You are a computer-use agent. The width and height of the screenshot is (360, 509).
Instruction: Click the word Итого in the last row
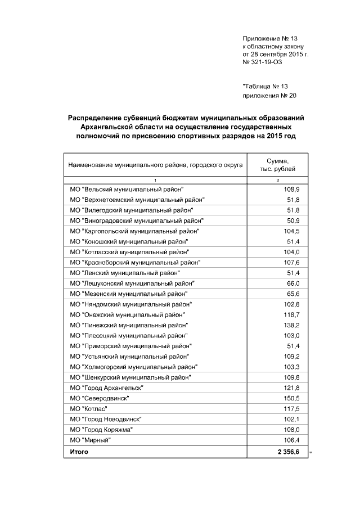coord(79,452)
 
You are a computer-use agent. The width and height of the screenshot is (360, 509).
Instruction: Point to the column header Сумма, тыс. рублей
coord(278,165)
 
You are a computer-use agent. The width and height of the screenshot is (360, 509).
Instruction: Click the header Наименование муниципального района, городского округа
coord(155,165)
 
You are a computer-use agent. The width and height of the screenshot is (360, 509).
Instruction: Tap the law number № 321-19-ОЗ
coord(262,62)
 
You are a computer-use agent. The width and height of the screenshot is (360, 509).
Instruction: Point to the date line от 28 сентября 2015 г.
coord(276,55)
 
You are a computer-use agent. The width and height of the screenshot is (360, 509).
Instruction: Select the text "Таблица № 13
coord(265,86)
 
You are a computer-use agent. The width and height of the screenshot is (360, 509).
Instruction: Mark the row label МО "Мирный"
coord(89,440)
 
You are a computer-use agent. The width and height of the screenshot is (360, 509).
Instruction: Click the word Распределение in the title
coord(97,118)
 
